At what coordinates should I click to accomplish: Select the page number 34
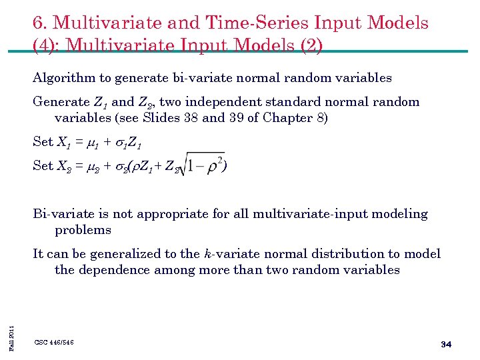click(x=447, y=344)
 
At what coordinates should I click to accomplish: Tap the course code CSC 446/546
click(x=54, y=342)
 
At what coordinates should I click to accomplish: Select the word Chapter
click(x=283, y=118)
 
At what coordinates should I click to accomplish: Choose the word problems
click(x=83, y=230)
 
